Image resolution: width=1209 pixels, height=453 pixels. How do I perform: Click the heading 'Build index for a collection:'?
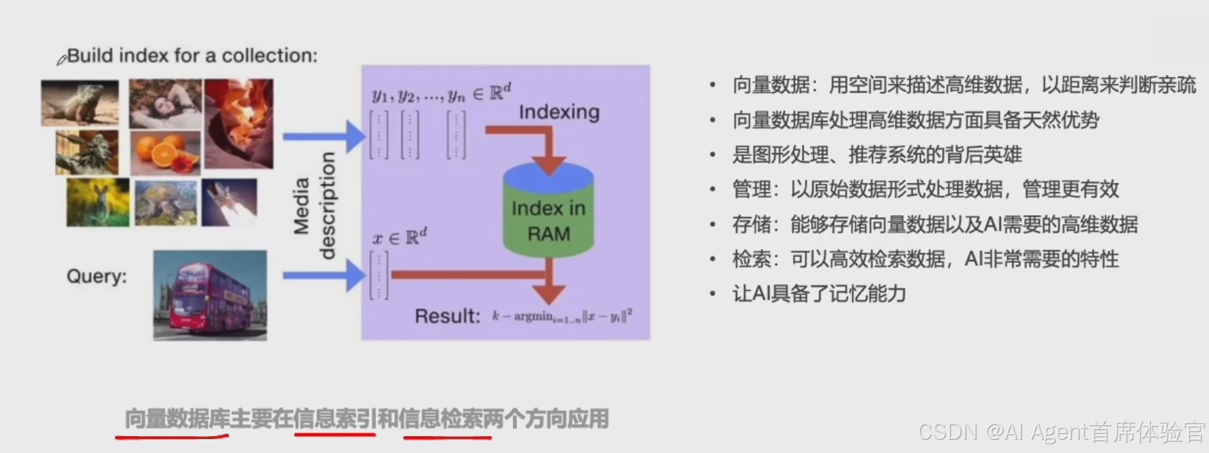pyautogui.click(x=192, y=55)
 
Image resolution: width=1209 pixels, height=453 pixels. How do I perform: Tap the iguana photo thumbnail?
pyautogui.click(x=80, y=103)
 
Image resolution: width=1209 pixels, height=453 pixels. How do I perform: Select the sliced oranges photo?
pyautogui.click(x=165, y=152)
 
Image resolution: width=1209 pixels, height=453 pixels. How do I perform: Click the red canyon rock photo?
pyautogui.click(x=239, y=123)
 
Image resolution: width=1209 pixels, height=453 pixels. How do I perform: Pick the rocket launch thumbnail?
pyautogui.click(x=229, y=202)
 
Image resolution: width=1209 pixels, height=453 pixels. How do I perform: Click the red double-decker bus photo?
pyautogui.click(x=210, y=295)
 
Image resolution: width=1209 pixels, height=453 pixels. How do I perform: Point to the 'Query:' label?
pyautogui.click(x=97, y=276)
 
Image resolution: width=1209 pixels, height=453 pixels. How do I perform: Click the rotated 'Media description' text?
pyautogui.click(x=314, y=206)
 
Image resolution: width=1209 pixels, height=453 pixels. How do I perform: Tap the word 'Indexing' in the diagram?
pyautogui.click(x=559, y=112)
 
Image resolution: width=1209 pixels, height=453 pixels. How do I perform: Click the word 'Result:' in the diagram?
pyautogui.click(x=447, y=316)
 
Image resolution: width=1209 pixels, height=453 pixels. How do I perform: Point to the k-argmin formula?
pyautogui.click(x=562, y=316)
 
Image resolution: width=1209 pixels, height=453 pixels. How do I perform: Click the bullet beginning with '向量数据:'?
pyautogui.click(x=963, y=85)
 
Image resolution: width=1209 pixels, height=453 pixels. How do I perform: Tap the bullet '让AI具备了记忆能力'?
pyautogui.click(x=819, y=293)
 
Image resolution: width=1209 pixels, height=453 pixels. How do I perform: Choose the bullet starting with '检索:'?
pyautogui.click(x=925, y=259)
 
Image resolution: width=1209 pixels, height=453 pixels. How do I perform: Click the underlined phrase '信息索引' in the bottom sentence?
pyautogui.click(x=334, y=418)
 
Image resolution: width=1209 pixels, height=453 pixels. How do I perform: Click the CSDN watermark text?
pyautogui.click(x=1061, y=431)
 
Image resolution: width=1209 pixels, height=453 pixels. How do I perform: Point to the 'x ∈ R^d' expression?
pyautogui.click(x=399, y=237)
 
